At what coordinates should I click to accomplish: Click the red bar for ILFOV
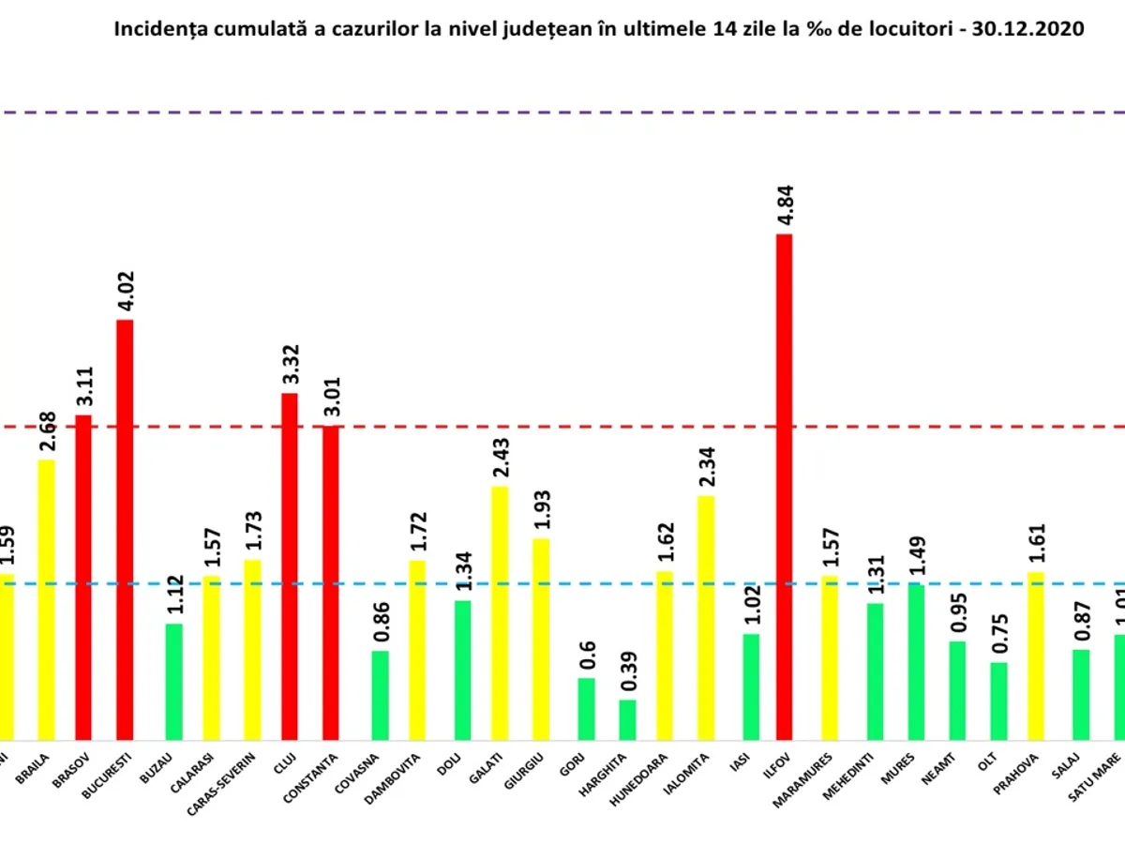784,488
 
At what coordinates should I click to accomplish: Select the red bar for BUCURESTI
125,530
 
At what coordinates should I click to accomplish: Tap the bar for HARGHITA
627,720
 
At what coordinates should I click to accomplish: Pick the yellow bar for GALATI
501,613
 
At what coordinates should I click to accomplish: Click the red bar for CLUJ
290,566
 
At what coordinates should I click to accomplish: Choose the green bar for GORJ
586,709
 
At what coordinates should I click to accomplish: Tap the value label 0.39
627,674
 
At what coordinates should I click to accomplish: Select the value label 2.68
47,431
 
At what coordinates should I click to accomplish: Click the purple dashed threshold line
562,113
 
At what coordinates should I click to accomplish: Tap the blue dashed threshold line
562,583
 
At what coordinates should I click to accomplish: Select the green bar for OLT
999,701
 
